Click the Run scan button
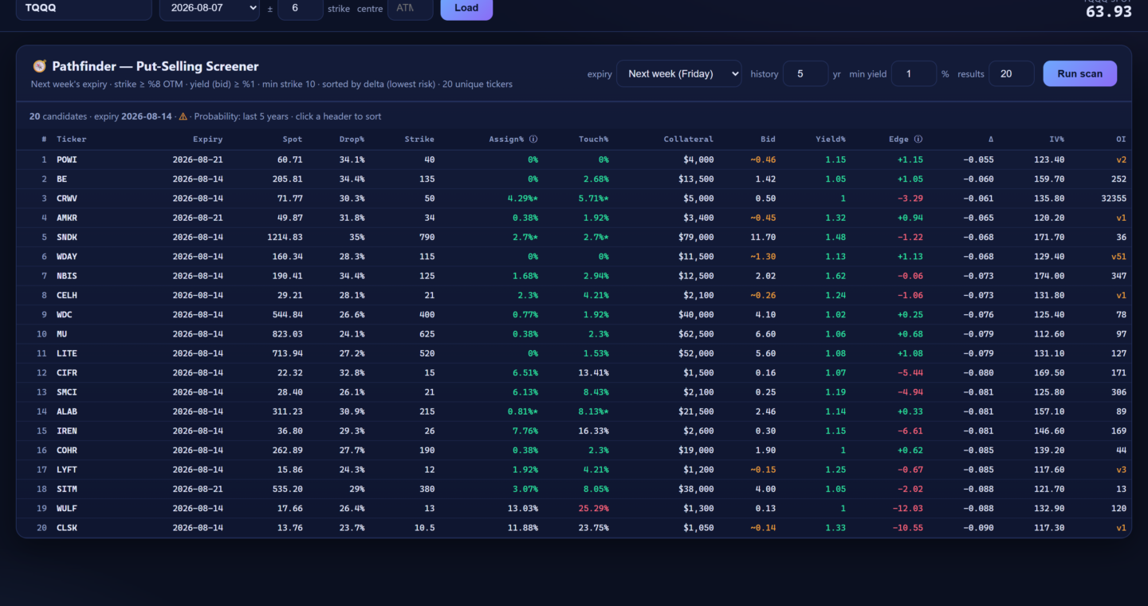[1079, 74]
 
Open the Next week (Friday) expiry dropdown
[679, 74]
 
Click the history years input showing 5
[805, 74]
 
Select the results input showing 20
[1011, 74]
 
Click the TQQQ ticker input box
[84, 8]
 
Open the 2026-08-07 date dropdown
[210, 8]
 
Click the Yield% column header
[830, 139]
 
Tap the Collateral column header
[688, 139]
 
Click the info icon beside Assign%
[533, 139]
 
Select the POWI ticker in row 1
[67, 159]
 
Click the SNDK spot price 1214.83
[285, 237]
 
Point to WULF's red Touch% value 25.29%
[593, 508]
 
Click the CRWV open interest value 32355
[1113, 199]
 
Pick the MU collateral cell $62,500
[696, 334]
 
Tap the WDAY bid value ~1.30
[763, 256]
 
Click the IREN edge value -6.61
[910, 431]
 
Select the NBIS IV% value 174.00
[1049, 276]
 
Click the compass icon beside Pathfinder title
[40, 66]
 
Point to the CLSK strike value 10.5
[424, 528]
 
